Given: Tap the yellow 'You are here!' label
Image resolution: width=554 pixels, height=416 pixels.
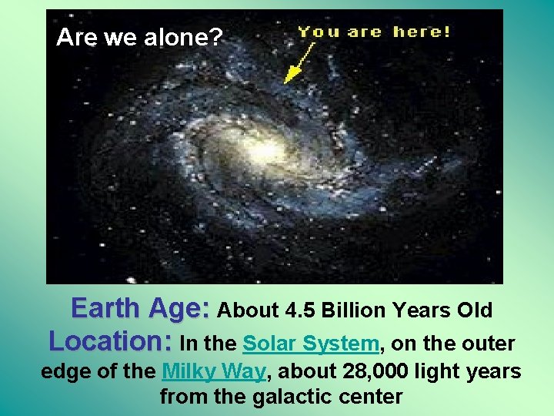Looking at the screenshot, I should (374, 32).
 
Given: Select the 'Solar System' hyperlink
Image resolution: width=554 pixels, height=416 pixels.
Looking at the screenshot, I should (311, 343).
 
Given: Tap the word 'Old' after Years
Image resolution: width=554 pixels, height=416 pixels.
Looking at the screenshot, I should (475, 310).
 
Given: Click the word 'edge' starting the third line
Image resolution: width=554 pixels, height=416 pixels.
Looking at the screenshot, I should (64, 372).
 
